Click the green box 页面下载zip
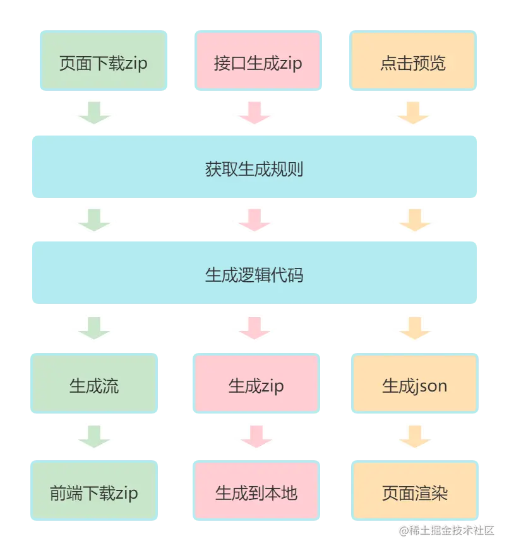pos(104,63)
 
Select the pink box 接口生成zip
pos(258,63)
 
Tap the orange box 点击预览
pos(413,63)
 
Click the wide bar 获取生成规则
pos(254,169)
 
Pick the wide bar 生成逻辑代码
pos(254,275)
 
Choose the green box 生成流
pos(95,385)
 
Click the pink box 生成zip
pos(256,385)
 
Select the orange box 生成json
pos(414,385)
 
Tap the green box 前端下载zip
pos(95,492)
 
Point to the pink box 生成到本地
pos(256,492)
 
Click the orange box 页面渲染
pos(414,492)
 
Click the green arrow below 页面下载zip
pos(95,113)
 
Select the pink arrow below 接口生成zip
pos(253,113)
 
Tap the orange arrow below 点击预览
pos(414,113)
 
